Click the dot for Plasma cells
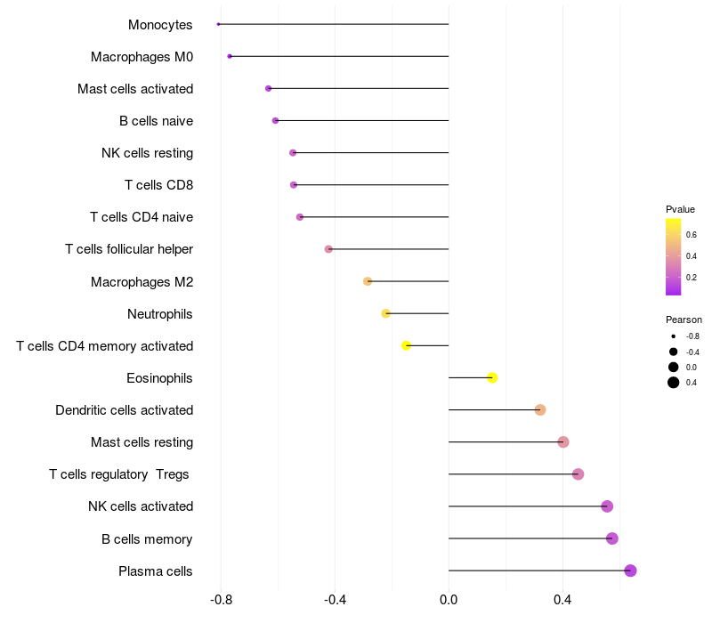coord(630,570)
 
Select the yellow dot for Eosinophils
coord(492,378)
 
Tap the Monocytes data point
coord(218,24)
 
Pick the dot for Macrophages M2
coord(368,281)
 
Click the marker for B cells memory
coord(611,538)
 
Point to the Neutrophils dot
coord(385,313)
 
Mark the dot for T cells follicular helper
coord(328,249)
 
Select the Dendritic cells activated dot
coord(540,410)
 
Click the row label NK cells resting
coord(147,153)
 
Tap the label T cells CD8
coord(158,185)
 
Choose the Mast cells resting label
coord(142,442)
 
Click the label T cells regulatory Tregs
coord(119,474)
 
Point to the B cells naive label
coord(156,121)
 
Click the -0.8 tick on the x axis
coord(221,600)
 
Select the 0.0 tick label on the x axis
coord(449,600)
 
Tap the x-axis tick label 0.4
coord(562,600)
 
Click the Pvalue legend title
coord(680,209)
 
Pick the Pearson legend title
coord(684,320)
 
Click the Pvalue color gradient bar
coord(674,256)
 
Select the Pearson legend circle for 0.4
coord(674,383)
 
